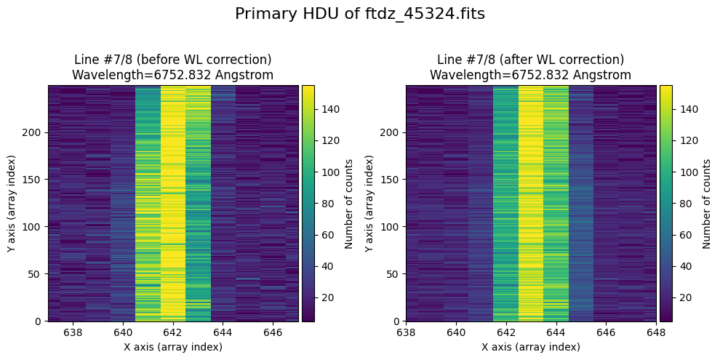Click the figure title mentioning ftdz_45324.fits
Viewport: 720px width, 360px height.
coord(360,14)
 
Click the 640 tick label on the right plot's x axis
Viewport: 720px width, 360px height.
coord(456,332)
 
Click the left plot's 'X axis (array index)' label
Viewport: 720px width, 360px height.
coord(173,347)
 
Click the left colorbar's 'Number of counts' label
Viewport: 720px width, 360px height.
coord(350,204)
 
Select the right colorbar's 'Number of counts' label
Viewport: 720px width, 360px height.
coord(707,204)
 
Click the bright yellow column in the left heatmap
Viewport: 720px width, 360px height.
coord(173,203)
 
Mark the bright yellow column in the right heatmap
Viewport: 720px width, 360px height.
coord(531,203)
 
